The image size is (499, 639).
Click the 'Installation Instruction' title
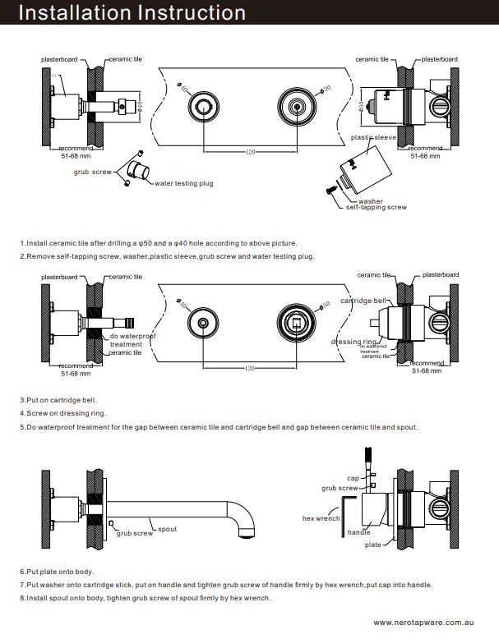point(132,13)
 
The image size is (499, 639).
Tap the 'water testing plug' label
point(184,183)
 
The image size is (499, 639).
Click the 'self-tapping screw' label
point(376,208)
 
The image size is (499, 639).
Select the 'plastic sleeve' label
point(374,138)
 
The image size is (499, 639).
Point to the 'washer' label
point(370,201)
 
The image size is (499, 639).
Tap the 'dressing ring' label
point(354,342)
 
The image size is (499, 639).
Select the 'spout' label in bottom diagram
point(167,530)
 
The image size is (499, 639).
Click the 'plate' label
point(373,545)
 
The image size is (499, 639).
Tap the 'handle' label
point(358,532)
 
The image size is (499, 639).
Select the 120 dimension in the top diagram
point(251,153)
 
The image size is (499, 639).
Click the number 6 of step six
point(22,572)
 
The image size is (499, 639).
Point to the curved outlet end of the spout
point(243,534)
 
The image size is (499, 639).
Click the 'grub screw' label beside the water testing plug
point(92,172)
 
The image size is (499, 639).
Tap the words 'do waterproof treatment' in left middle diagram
point(132,340)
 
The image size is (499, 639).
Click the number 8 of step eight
point(22,598)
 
